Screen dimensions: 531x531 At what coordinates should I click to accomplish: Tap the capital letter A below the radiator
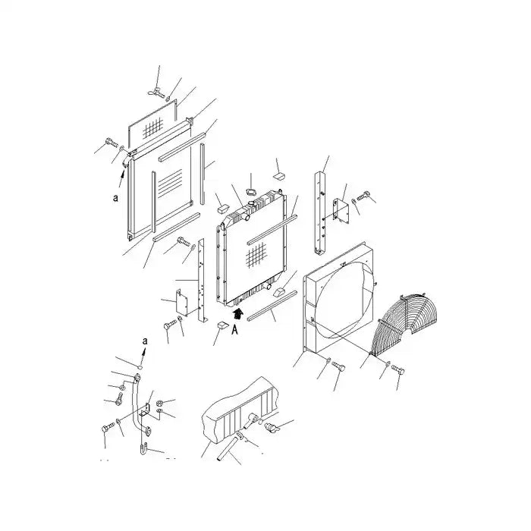[x=236, y=330]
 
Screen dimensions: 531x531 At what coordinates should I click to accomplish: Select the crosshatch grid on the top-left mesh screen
[x=156, y=126]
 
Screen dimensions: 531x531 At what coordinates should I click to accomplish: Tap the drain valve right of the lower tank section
[x=272, y=429]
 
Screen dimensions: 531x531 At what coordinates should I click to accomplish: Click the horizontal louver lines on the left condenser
[x=171, y=181]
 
